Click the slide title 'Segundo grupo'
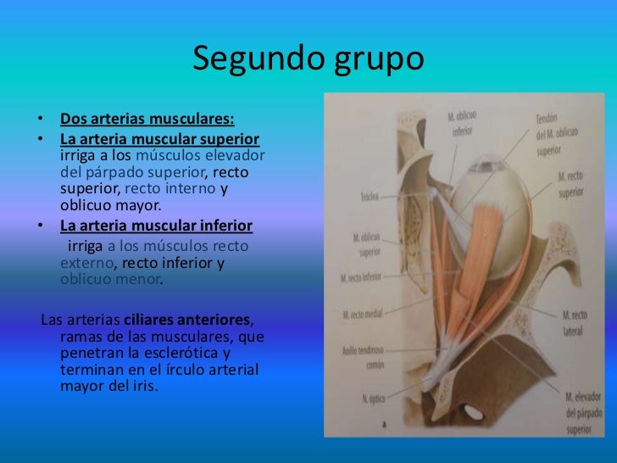coord(308,59)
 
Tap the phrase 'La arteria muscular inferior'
coord(157,226)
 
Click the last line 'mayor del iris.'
coord(110,388)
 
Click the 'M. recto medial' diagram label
coord(362,314)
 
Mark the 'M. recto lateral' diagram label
coord(573,321)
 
